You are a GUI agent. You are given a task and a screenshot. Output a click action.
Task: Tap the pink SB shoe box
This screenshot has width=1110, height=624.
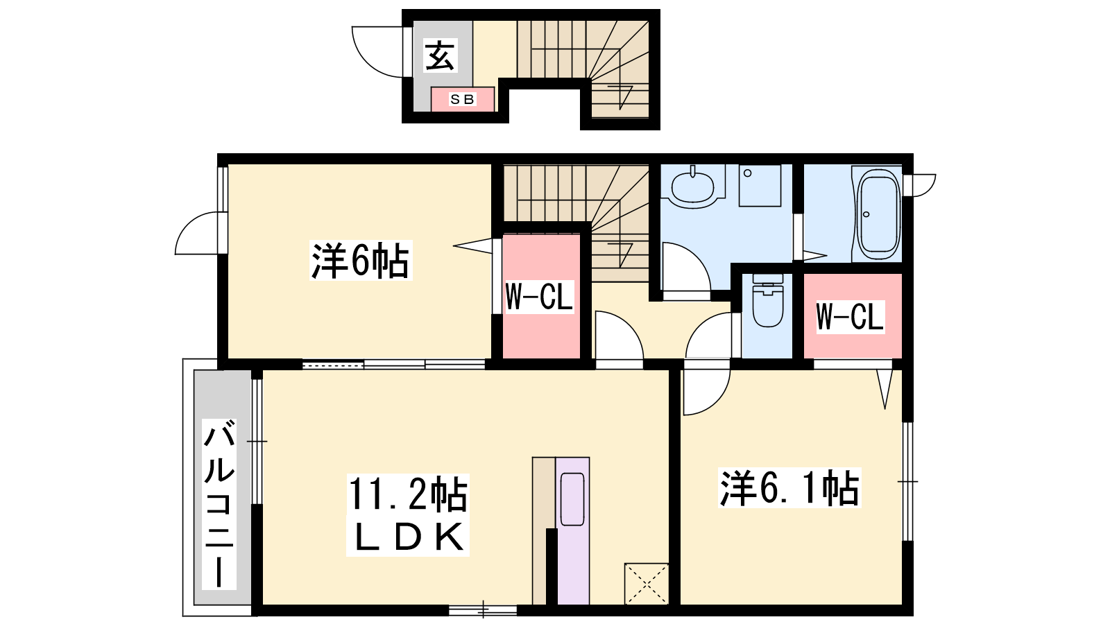[462, 99]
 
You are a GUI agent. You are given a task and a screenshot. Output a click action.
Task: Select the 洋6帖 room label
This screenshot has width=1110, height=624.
[361, 261]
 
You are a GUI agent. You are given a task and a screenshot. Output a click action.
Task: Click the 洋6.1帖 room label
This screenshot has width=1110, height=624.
[789, 488]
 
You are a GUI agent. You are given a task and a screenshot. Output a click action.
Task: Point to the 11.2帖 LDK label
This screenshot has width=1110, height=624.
[408, 515]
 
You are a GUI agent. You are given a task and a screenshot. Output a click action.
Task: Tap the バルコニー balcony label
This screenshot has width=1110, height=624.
[219, 504]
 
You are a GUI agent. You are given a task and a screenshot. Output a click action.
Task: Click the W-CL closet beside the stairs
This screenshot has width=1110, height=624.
[541, 296]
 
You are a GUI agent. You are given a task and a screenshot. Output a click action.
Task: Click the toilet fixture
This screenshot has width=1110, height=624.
[767, 300]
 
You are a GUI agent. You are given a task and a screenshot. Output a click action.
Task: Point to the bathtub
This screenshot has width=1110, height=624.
[878, 214]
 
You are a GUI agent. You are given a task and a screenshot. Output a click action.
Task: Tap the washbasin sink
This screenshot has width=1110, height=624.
[693, 187]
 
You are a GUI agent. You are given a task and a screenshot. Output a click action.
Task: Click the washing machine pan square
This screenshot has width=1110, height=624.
[760, 186]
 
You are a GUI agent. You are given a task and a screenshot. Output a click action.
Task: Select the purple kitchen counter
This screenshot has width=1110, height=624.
[572, 530]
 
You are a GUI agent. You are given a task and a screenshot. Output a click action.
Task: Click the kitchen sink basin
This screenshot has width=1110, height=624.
[572, 499]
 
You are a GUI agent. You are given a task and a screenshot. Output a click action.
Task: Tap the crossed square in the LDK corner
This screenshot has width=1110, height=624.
[647, 584]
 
